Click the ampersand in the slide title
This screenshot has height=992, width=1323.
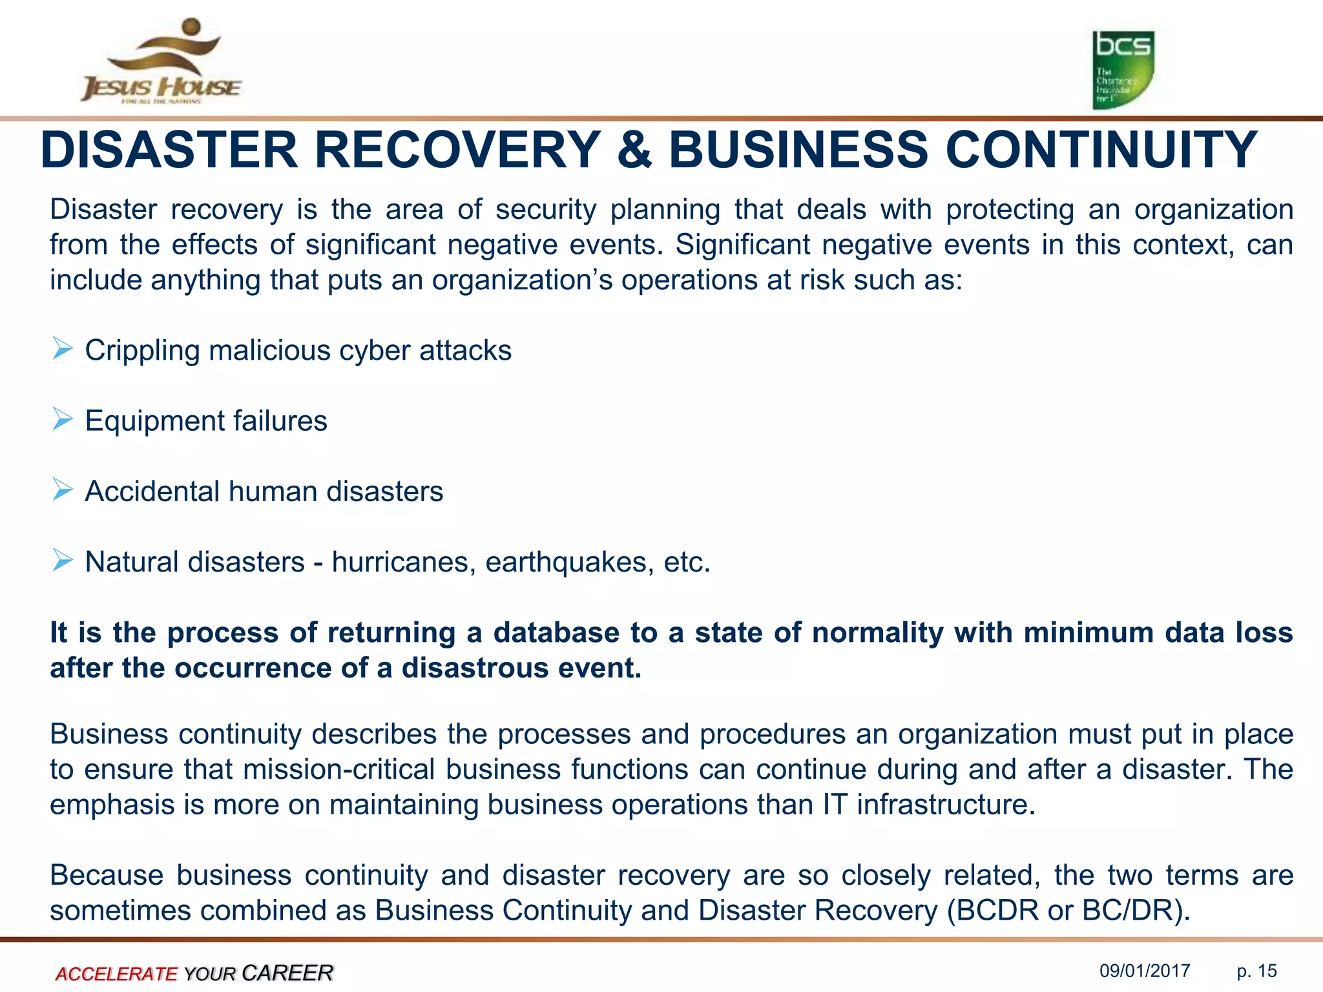[x=634, y=150]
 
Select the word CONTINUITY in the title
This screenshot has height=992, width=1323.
[x=1101, y=150]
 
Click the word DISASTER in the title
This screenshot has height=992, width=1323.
[x=169, y=150]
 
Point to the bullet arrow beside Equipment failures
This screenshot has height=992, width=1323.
[x=63, y=420]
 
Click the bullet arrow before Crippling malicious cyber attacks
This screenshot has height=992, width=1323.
[x=63, y=349]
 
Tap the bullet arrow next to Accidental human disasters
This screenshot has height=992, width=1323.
[x=63, y=490]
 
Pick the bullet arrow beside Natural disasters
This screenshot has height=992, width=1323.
[x=63, y=561]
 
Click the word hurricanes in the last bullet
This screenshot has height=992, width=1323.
[x=403, y=562]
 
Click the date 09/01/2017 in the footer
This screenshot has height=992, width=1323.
[x=1145, y=971]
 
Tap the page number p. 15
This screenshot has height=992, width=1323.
[x=1256, y=971]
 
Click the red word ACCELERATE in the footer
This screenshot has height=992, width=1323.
[x=116, y=973]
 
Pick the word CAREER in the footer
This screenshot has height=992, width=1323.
[x=287, y=973]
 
